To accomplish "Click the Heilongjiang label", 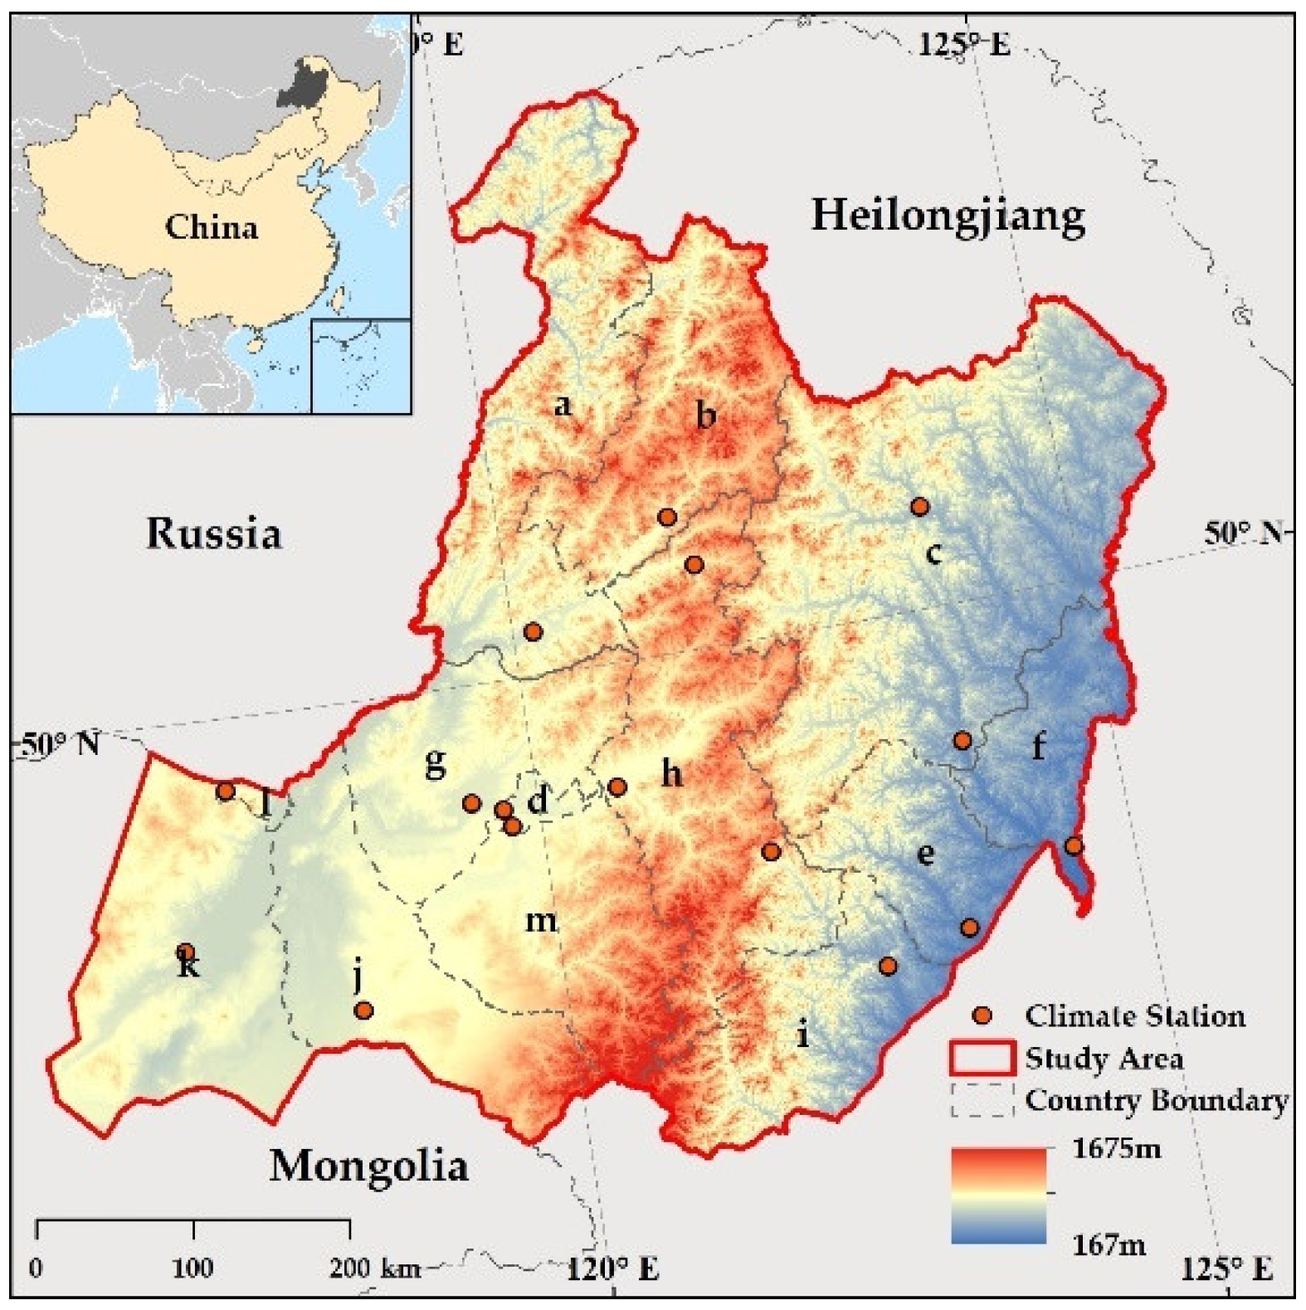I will [x=948, y=216].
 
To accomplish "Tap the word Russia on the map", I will [x=214, y=533].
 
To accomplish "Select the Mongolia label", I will [x=368, y=1166].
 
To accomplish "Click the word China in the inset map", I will [x=211, y=226].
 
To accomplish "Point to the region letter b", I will [x=705, y=415].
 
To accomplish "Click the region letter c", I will [x=934, y=552].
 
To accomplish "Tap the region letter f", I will [x=1038, y=746].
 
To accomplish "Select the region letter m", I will [x=541, y=920].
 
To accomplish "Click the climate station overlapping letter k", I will [x=186, y=952].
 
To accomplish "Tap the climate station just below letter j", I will [x=363, y=1011].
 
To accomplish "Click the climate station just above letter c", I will [x=919, y=506].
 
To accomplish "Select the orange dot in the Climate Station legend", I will [x=982, y=1015].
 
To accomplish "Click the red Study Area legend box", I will [x=982, y=1058].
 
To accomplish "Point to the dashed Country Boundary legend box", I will [x=982, y=1100].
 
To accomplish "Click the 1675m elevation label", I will [x=1116, y=1149].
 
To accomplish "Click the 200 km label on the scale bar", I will [x=375, y=1268].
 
